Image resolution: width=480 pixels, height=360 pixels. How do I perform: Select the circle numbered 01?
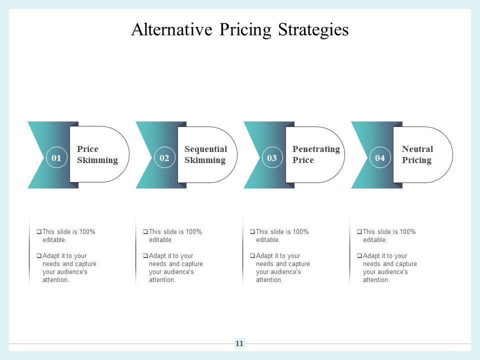click(x=56, y=158)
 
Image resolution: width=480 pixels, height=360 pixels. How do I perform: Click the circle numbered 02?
click(x=164, y=158)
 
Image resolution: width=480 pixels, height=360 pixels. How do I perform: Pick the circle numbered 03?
click(x=272, y=158)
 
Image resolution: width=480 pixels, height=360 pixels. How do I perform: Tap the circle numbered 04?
click(x=380, y=158)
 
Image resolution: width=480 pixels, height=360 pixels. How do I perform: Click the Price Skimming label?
click(x=97, y=154)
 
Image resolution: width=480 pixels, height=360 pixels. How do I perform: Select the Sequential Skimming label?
click(x=205, y=154)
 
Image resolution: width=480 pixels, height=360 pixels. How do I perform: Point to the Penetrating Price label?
click(x=315, y=154)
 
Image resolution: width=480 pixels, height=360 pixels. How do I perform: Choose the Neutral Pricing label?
click(x=417, y=154)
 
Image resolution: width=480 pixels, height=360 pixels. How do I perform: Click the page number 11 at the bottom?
click(x=239, y=343)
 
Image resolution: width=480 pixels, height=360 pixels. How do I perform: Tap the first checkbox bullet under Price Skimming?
click(x=39, y=232)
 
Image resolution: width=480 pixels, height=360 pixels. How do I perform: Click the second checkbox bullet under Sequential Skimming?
click(x=145, y=256)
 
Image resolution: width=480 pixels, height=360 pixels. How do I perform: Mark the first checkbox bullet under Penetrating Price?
click(x=252, y=232)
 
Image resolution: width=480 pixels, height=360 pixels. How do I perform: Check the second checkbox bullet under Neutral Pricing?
click(x=359, y=256)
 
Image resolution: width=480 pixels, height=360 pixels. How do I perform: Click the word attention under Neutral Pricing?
click(x=375, y=280)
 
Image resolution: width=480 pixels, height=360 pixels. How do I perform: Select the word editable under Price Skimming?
click(x=54, y=240)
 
